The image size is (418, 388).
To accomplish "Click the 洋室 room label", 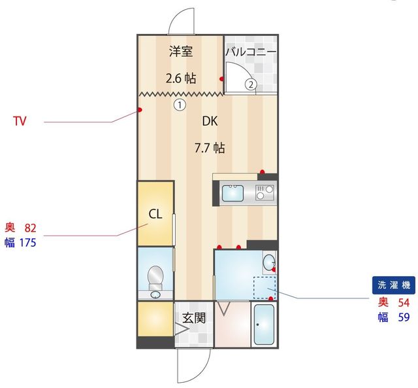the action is [181, 51].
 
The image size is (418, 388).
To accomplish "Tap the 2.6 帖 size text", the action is [181, 79].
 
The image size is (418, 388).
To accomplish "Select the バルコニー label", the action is [251, 52].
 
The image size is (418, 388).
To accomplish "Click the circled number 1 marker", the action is [180, 105].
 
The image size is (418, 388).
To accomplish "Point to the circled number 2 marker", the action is [251, 84].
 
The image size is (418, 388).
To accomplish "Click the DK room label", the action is [210, 121].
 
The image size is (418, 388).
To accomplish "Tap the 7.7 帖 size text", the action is [210, 148].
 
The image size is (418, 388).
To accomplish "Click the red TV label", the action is [20, 121].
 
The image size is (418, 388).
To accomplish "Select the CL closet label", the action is [155, 214].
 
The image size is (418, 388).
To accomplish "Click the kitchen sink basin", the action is [233, 193].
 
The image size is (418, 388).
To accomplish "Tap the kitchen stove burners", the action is [265, 193].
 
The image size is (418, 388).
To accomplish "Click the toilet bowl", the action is [155, 275].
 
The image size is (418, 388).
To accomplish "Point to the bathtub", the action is [264, 325].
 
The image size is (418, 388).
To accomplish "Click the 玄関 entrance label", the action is [194, 318].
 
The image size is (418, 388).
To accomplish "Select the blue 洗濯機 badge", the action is [393, 285].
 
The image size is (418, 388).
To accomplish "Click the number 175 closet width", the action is [27, 243].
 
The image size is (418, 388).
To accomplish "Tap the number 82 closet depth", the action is [31, 228].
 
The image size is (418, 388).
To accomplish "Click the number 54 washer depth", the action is [404, 302].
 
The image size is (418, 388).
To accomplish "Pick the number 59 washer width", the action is [404, 317].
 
